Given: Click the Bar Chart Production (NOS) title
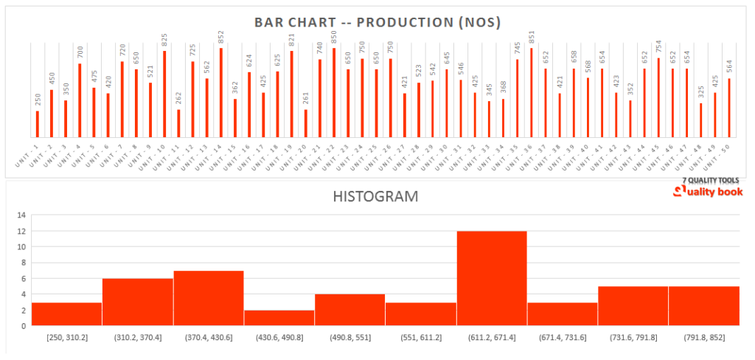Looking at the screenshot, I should click(x=377, y=22).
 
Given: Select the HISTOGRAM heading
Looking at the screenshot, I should click(x=375, y=197).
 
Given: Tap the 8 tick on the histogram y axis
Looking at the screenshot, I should click(x=23, y=263).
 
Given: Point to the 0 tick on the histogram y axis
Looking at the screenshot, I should click(x=23, y=325).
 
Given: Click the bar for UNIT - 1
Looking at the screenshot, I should click(x=38, y=124).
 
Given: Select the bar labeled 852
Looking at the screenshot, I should click(x=221, y=83).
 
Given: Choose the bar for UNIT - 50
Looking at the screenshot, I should click(x=728, y=108).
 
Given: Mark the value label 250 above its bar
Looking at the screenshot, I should click(x=38, y=100).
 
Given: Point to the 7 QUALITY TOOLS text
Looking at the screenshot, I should click(x=711, y=180).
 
